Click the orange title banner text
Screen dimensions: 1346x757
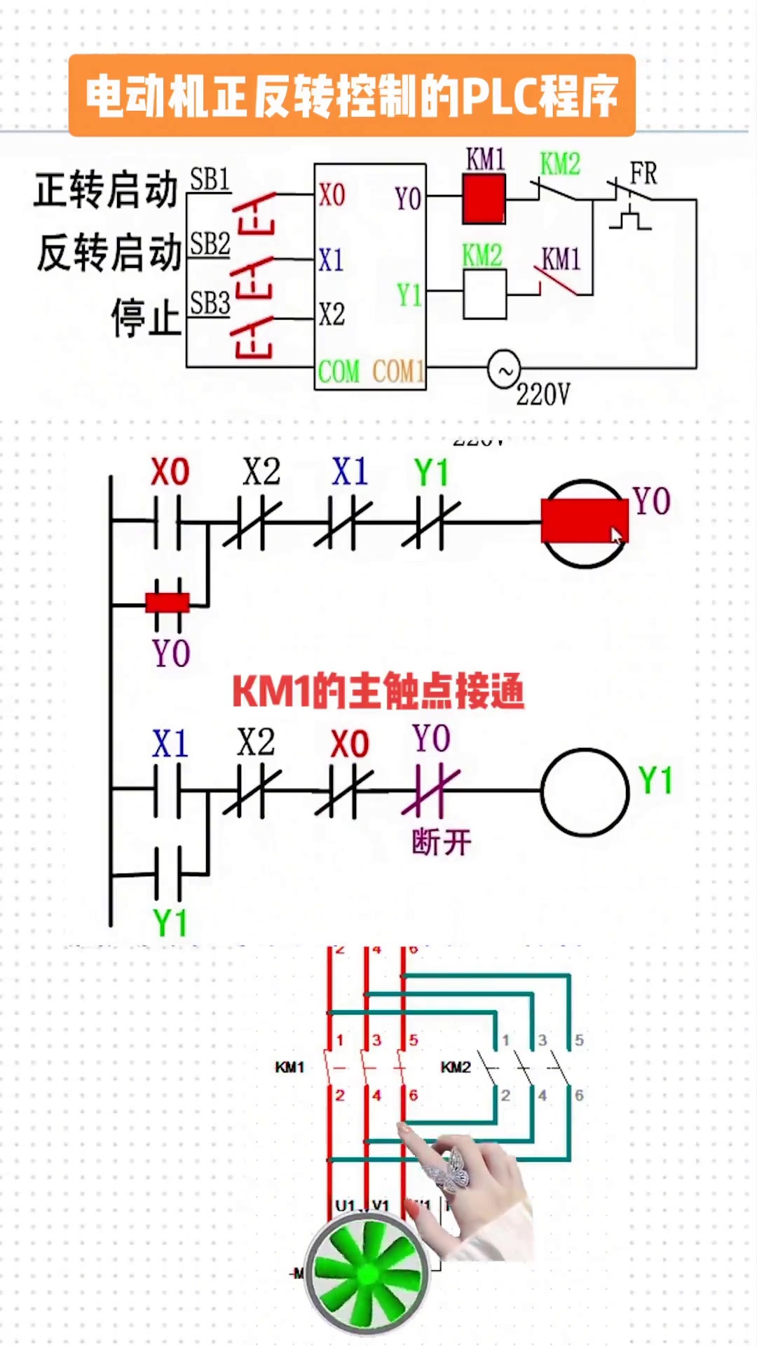point(352,96)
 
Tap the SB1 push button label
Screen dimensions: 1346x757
point(210,180)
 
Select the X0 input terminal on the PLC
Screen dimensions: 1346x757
point(332,195)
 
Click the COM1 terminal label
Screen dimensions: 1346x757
point(398,371)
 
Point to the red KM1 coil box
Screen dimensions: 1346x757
point(484,199)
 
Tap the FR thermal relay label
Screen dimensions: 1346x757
point(643,173)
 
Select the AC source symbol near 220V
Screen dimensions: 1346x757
point(504,369)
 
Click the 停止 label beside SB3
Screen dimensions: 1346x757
point(146,318)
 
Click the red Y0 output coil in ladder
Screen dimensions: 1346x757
point(584,522)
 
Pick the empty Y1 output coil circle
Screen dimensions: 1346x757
point(585,792)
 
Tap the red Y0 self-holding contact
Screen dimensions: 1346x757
point(168,603)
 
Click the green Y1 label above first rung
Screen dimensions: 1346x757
point(430,473)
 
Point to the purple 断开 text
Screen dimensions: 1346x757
point(441,842)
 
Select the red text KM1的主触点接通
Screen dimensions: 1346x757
point(378,691)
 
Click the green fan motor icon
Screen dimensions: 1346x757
point(367,1272)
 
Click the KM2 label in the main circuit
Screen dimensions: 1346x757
point(455,1067)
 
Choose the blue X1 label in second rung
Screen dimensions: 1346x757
point(170,744)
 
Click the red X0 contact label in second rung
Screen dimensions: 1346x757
point(349,744)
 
